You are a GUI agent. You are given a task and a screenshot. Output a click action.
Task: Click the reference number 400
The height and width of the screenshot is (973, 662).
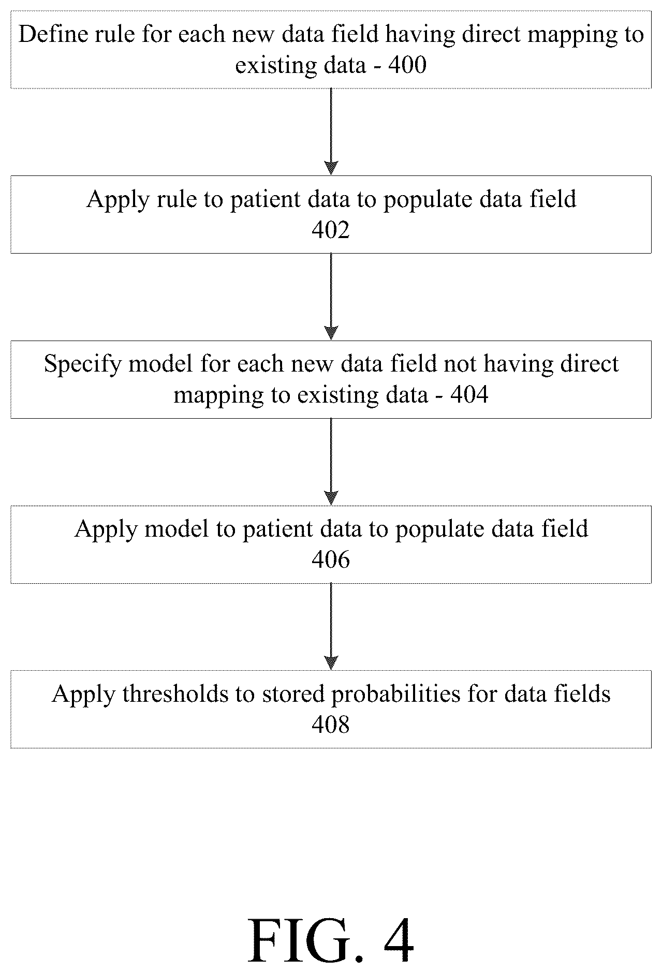click(x=407, y=66)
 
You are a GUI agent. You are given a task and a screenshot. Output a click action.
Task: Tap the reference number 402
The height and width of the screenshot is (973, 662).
click(x=331, y=230)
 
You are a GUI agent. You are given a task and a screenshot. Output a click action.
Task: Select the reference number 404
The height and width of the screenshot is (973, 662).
click(x=469, y=395)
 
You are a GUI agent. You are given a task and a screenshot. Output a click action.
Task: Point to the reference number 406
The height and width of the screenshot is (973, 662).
click(x=331, y=560)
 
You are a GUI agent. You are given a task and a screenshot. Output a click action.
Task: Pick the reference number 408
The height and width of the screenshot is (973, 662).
click(x=331, y=725)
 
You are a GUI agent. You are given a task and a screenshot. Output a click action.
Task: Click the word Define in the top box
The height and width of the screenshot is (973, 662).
click(x=50, y=35)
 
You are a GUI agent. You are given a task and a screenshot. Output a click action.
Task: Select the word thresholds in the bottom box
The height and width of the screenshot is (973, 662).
click(x=175, y=694)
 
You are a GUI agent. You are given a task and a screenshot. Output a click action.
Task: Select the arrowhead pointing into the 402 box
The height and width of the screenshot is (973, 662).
click(x=331, y=168)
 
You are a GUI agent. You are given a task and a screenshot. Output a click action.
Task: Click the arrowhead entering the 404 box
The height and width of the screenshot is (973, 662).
click(x=331, y=333)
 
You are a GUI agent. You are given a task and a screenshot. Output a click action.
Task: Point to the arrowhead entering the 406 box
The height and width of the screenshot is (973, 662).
click(x=331, y=498)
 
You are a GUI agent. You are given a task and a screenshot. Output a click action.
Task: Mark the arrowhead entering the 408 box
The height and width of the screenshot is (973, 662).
click(x=331, y=663)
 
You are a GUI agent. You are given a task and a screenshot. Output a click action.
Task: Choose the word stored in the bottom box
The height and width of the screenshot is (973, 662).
click(x=294, y=694)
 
